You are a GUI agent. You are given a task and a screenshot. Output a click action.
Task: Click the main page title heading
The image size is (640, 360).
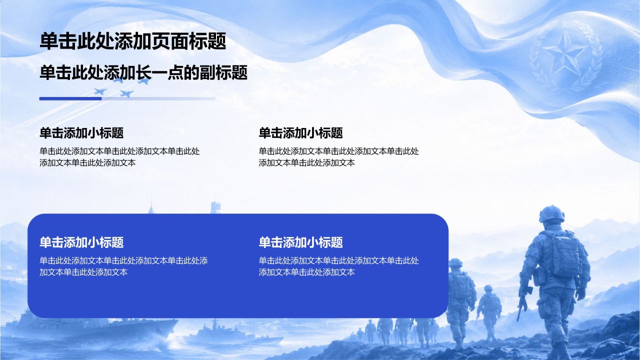pos(133,41)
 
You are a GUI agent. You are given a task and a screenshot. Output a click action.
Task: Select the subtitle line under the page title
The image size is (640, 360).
pos(143,72)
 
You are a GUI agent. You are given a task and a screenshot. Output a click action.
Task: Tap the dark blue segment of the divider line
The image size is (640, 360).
pos(70,98)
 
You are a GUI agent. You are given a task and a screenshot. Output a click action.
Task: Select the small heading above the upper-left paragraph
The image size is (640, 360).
pos(81,133)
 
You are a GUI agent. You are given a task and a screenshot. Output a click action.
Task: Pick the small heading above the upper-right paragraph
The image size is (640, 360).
pos(300,133)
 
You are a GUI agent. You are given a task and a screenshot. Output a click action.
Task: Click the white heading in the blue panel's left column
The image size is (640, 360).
pos(81,242)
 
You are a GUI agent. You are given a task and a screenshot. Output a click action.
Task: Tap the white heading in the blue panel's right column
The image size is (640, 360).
pos(300,242)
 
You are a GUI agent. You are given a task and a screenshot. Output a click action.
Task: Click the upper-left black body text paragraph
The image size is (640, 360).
pos(119,157)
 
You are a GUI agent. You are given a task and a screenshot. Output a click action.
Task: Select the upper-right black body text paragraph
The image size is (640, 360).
pos(338,157)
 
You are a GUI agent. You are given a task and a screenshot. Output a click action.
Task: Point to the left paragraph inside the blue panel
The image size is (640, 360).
pos(123,266)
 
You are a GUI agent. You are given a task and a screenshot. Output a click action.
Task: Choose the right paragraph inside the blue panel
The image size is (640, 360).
pos(338,266)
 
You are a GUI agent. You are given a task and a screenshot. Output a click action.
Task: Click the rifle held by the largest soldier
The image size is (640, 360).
pos(523,303)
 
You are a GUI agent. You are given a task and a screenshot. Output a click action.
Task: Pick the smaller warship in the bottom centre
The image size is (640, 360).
pos(228,334)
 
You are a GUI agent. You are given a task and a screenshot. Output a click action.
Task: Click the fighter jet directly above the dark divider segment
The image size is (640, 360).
pos(100,91)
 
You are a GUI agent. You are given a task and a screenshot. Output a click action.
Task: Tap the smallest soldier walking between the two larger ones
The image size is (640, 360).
pos(489,311)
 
